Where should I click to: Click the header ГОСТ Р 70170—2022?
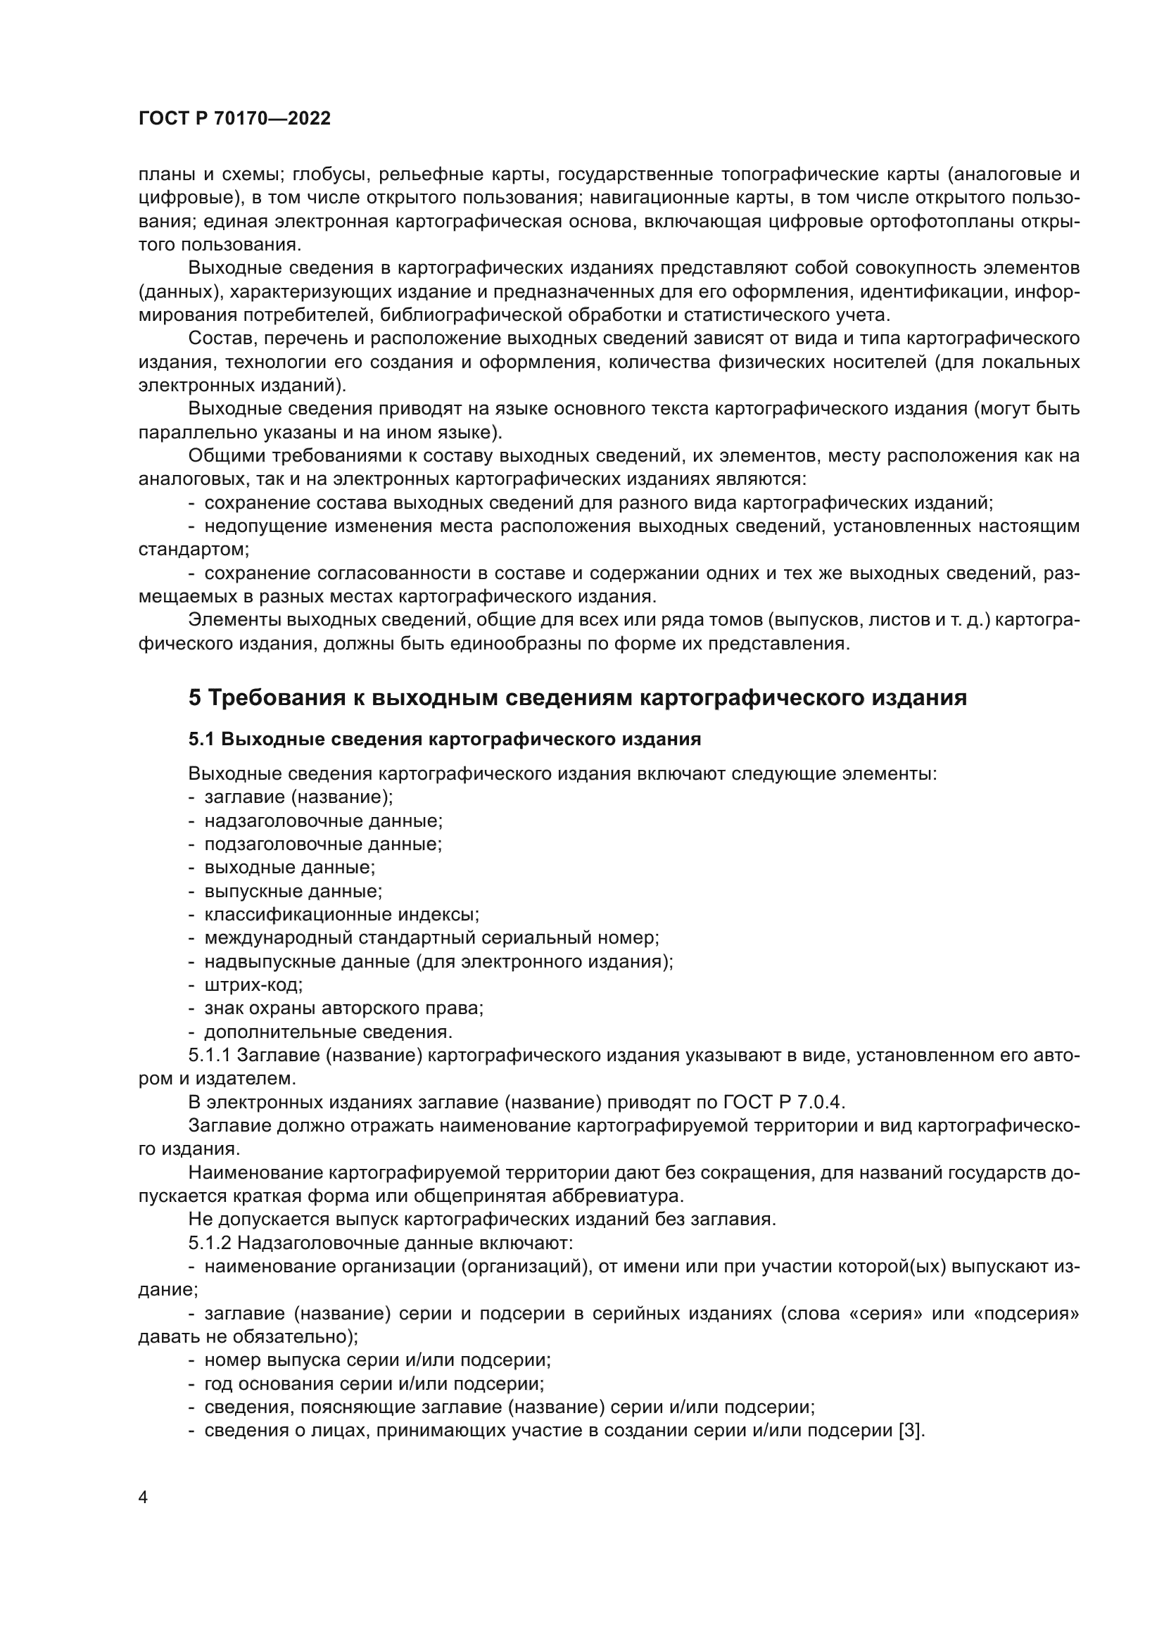pyautogui.click(x=234, y=118)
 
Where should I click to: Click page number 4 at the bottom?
pyautogui.click(x=144, y=1498)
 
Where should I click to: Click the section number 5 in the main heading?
pyautogui.click(x=195, y=697)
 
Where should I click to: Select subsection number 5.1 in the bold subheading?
pyautogui.click(x=201, y=739)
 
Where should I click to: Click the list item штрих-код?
pyautogui.click(x=254, y=985)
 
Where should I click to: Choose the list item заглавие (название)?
pyautogui.click(x=299, y=797)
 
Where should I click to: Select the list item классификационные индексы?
pyautogui.click(x=342, y=914)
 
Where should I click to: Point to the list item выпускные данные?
pyautogui.click(x=293, y=891)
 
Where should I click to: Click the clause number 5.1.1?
pyautogui.click(x=210, y=1056)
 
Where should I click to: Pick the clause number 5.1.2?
pyautogui.click(x=210, y=1242)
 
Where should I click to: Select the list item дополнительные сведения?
pyautogui.click(x=328, y=1032)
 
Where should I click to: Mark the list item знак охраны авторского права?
pyautogui.click(x=344, y=1008)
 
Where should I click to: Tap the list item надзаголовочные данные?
pyautogui.click(x=323, y=821)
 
